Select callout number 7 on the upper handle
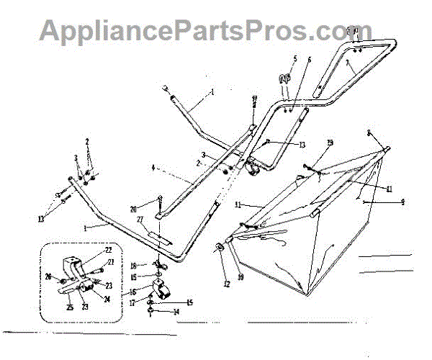point(346,63)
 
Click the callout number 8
point(390,132)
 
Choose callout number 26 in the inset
point(48,276)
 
